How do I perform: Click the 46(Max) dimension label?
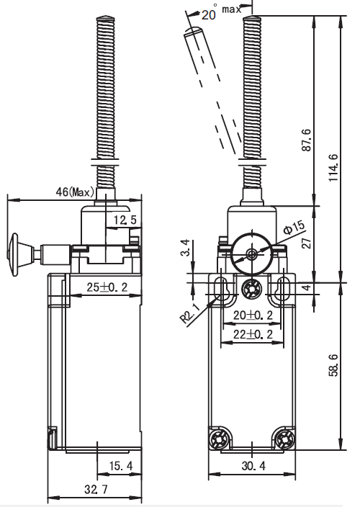(x=75, y=193)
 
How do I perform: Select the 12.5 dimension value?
(x=125, y=220)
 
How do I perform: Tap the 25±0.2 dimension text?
(x=107, y=287)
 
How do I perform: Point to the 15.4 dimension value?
(x=121, y=466)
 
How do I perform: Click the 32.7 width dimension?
(x=96, y=490)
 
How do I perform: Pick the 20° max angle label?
(x=221, y=12)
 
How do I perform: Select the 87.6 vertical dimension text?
(x=306, y=140)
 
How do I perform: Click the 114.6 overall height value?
(x=333, y=168)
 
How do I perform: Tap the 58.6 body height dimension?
(x=333, y=365)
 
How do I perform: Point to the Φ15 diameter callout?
(x=294, y=227)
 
